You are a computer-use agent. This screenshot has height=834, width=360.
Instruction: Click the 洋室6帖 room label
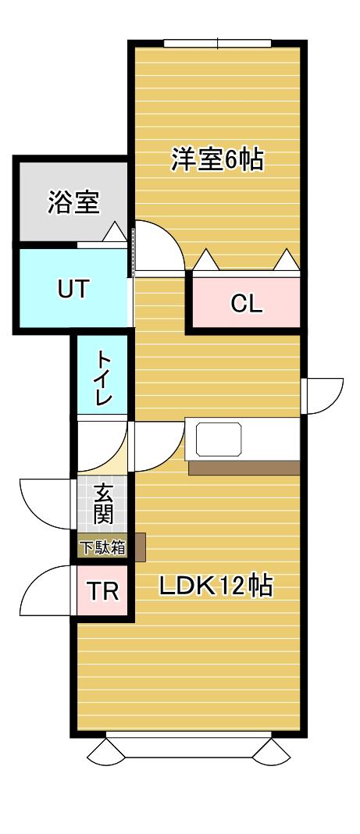click(x=217, y=159)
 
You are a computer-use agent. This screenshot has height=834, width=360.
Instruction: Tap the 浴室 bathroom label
click(x=74, y=202)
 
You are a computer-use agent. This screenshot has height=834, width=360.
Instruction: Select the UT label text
click(x=74, y=290)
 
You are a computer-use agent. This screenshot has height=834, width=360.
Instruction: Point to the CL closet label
click(x=246, y=305)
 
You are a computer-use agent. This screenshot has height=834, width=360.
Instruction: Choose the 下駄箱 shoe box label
click(x=102, y=547)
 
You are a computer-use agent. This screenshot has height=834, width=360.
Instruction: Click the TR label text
click(x=102, y=591)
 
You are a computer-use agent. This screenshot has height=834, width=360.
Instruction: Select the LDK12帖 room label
click(x=216, y=586)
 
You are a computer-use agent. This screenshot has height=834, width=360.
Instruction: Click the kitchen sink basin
click(x=219, y=440)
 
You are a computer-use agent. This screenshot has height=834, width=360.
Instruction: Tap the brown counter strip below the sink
click(x=244, y=468)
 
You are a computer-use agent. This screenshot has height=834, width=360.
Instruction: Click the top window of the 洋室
click(x=218, y=43)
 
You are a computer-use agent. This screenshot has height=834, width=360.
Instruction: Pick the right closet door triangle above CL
click(x=287, y=259)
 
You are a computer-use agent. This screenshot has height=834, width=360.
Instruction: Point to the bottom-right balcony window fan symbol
click(x=271, y=753)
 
